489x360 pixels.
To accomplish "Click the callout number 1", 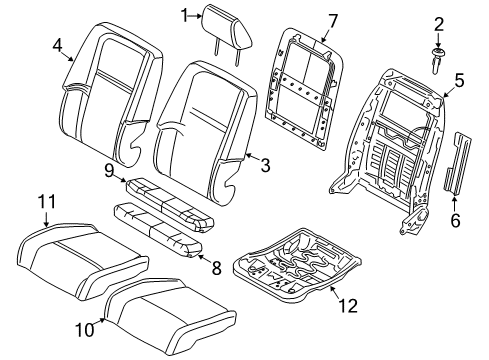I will [185, 14].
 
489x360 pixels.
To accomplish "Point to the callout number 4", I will [57, 44].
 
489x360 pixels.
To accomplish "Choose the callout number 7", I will [306, 20].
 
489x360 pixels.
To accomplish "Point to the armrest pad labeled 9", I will [165, 189].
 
